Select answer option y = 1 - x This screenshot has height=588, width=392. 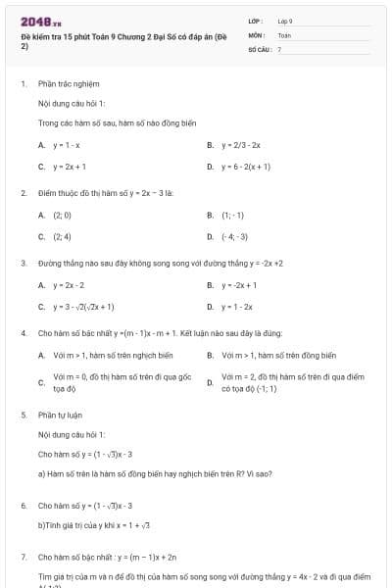(66, 144)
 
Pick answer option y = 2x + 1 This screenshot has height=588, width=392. (70, 166)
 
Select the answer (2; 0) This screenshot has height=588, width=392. (62, 215)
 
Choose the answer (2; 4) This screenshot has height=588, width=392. (62, 236)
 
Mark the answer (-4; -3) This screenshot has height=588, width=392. (235, 236)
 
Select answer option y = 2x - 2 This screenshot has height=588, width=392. (69, 285)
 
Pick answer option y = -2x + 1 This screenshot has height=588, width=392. (239, 285)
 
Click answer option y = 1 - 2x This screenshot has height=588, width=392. (237, 307)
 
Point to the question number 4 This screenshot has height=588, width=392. (23, 333)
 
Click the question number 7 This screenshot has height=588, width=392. (23, 557)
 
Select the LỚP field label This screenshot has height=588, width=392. (256, 21)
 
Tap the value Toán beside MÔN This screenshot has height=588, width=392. (284, 34)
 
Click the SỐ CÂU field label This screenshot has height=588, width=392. (259, 48)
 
